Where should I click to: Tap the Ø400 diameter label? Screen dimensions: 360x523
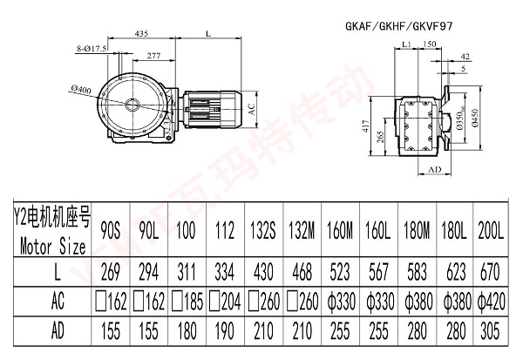pyautogui.click(x=79, y=90)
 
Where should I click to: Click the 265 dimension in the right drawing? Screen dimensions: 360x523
pyautogui.click(x=379, y=136)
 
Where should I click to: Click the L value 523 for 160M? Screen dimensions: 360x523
pyautogui.click(x=336, y=272)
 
